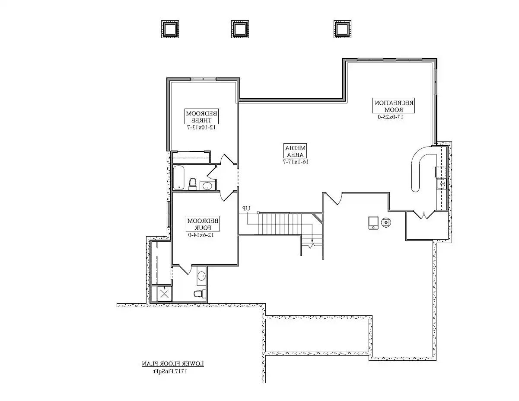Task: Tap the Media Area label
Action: [x=295, y=150]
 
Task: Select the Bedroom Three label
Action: [x=202, y=116]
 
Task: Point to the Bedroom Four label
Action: [x=203, y=224]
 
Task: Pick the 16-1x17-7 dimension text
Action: [x=295, y=162]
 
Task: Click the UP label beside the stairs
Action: [x=246, y=209]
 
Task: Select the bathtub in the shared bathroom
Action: [x=179, y=178]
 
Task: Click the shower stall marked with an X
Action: [x=164, y=294]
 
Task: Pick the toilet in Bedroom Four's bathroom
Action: [x=198, y=294]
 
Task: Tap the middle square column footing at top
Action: [x=239, y=29]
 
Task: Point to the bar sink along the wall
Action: [x=441, y=184]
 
